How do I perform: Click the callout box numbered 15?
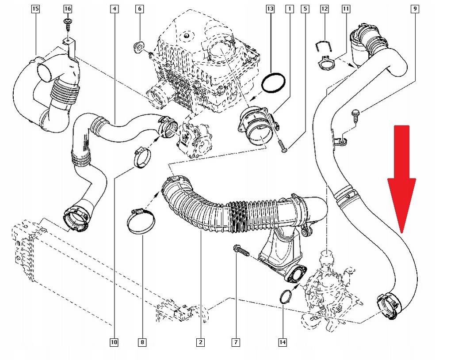[36, 8]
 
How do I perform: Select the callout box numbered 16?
[67, 8]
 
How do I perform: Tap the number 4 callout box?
[115, 8]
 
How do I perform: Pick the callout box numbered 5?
[305, 8]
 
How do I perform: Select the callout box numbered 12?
[325, 8]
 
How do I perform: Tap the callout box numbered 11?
[345, 8]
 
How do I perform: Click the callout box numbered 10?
[114, 342]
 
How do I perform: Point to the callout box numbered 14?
[283, 342]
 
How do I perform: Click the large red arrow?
[401, 177]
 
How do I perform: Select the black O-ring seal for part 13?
[273, 83]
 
